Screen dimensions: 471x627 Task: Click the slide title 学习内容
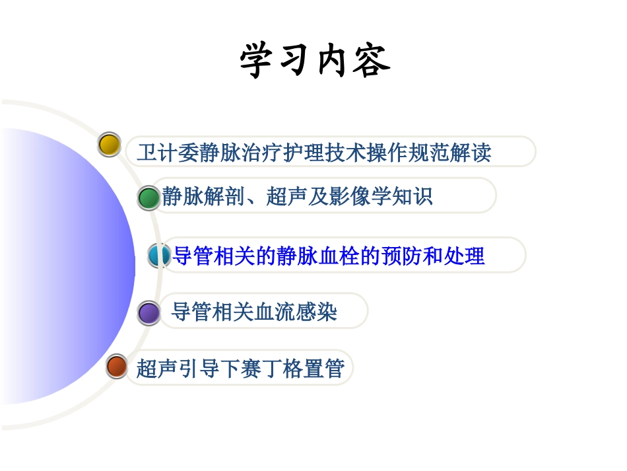click(x=315, y=61)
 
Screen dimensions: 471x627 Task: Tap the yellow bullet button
click(x=109, y=144)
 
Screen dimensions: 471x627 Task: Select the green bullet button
click(x=148, y=198)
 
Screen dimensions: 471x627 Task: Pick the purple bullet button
click(x=148, y=312)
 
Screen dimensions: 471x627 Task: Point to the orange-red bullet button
click(x=117, y=366)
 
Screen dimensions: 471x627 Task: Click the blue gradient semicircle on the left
click(x=66, y=264)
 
